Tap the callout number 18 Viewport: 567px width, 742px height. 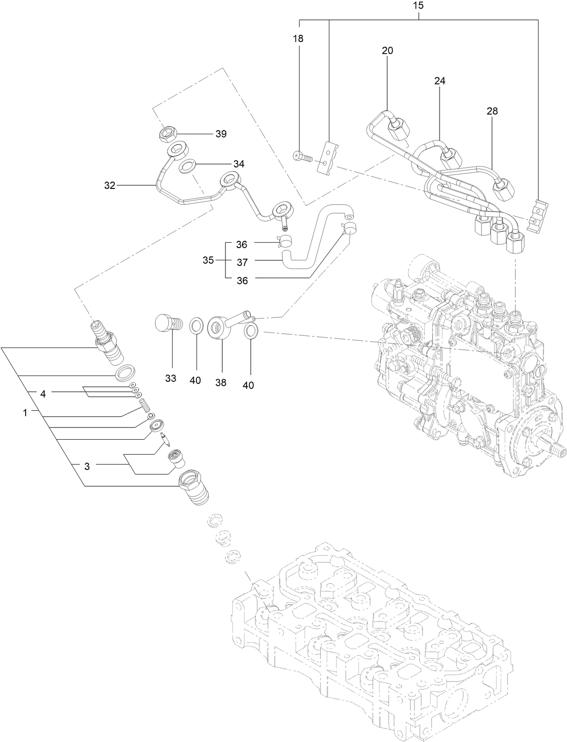[298, 38]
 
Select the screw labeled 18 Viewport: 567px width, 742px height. [303, 156]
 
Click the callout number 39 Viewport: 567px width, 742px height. [221, 134]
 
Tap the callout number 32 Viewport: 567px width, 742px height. [110, 185]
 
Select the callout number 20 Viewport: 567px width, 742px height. [387, 51]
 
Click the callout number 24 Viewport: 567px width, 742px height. [440, 81]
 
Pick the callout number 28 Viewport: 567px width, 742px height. [492, 111]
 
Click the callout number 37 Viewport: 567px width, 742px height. [242, 262]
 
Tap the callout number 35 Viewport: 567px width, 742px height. [208, 260]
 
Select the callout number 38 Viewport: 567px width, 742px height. [220, 383]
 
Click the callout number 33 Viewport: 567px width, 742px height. [170, 379]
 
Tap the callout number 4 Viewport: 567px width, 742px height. [43, 394]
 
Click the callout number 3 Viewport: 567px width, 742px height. [87, 466]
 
